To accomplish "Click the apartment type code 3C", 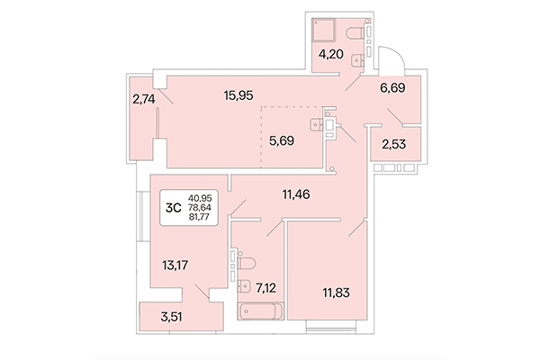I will click(x=172, y=207).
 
